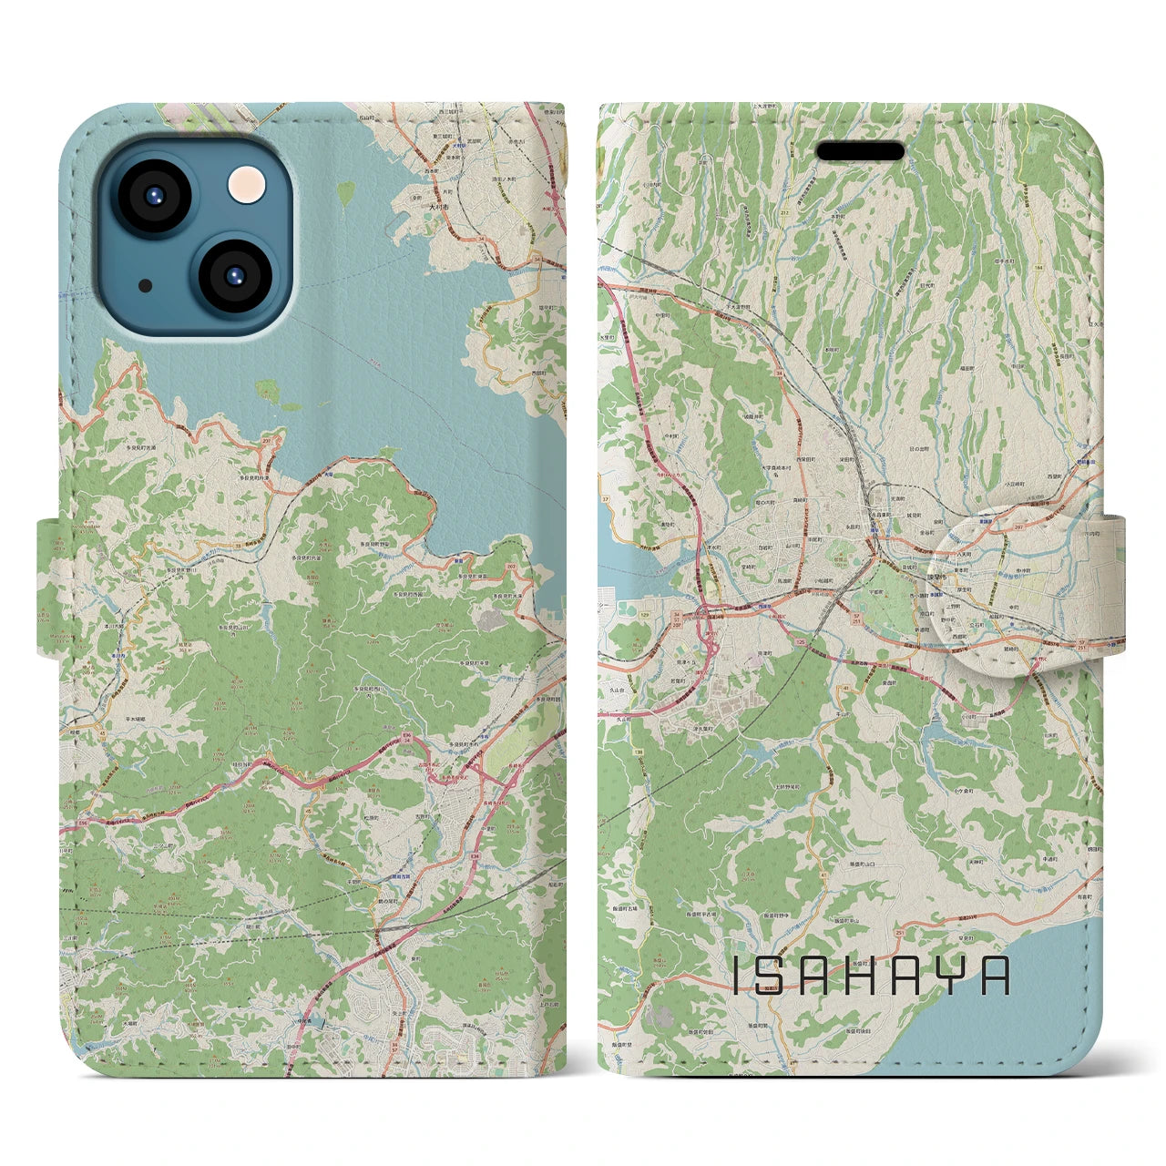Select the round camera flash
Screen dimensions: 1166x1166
(246, 185)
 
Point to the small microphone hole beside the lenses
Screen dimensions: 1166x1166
(145, 285)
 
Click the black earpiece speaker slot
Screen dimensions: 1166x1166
(859, 151)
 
